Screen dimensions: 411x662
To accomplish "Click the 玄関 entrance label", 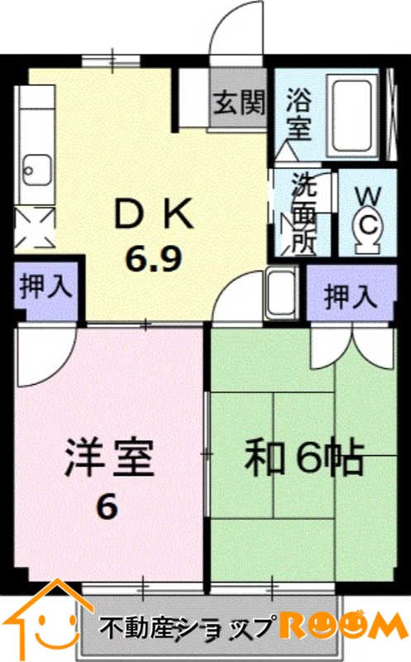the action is tap(239, 103).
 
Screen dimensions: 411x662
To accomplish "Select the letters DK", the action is tap(155, 213).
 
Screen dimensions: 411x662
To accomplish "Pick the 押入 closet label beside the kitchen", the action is tap(46, 287).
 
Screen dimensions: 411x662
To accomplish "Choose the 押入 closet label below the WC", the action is tap(351, 296).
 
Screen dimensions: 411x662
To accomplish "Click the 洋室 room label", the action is tap(108, 458).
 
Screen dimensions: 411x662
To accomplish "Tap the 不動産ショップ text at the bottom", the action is tap(186, 629).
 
